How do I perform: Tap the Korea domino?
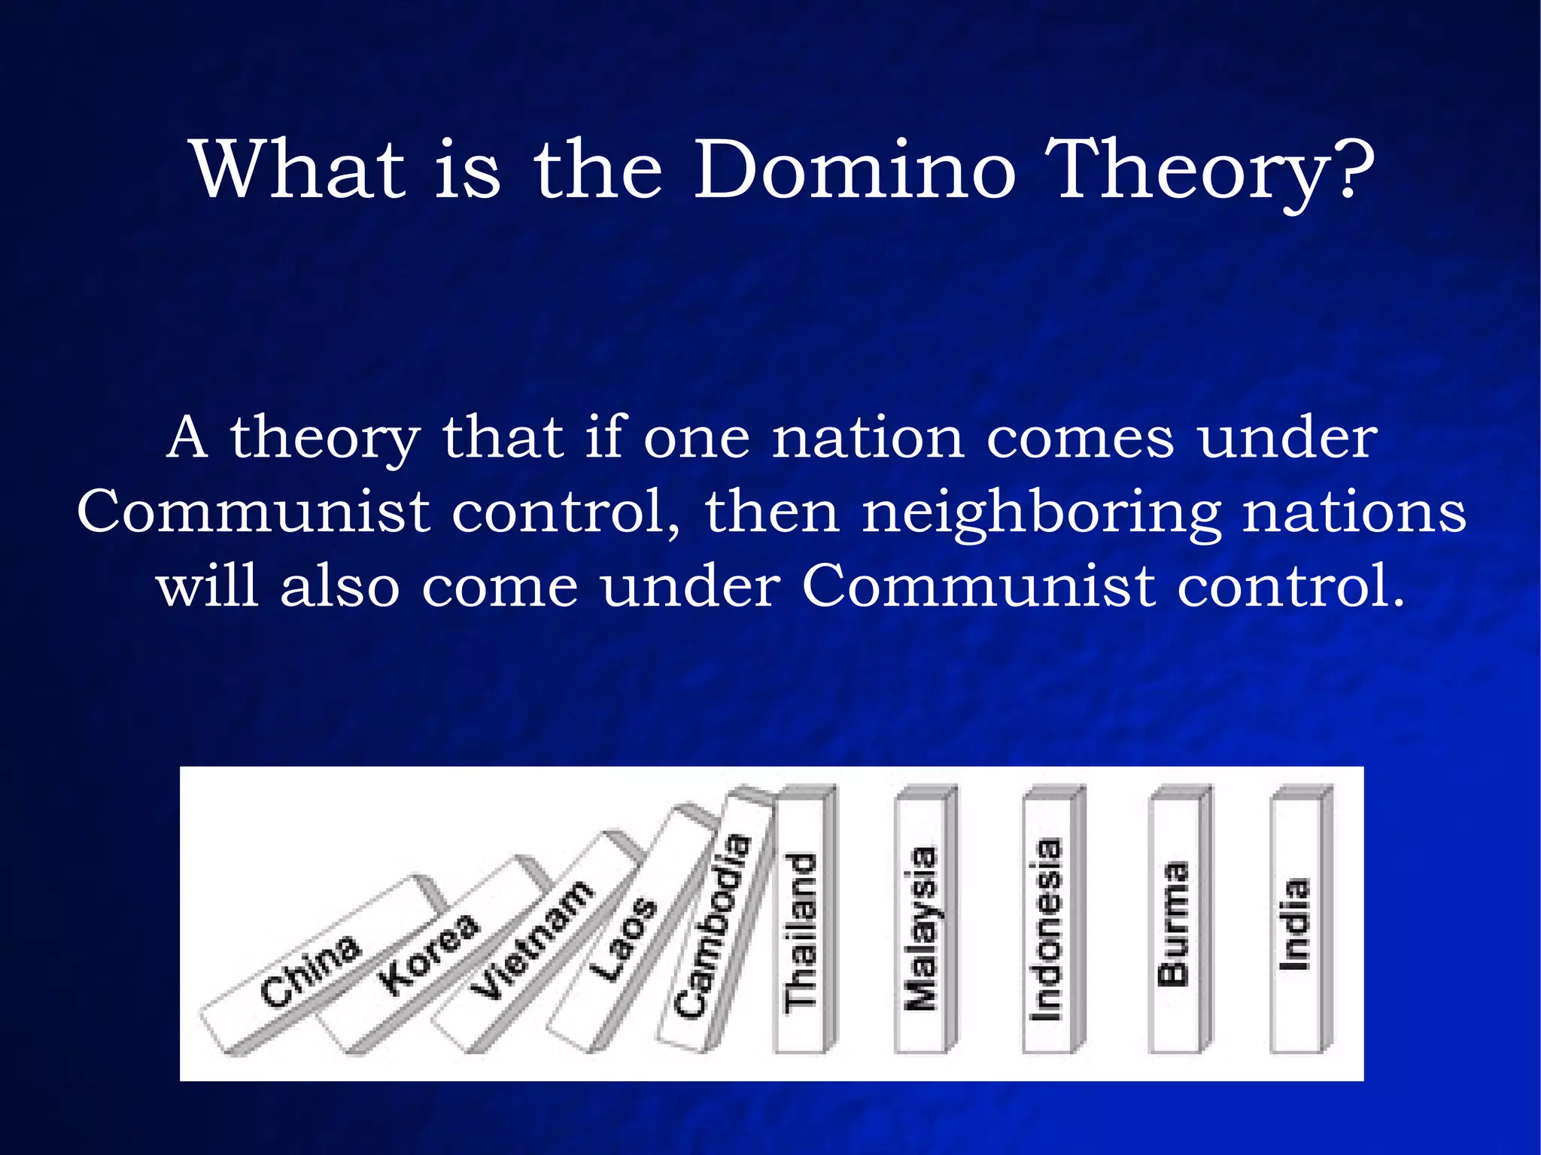(x=427, y=954)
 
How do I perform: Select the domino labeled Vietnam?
(x=531, y=941)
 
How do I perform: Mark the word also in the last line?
(x=339, y=587)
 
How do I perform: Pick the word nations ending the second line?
(x=1354, y=512)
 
